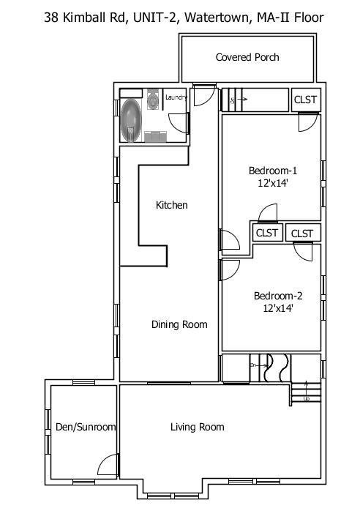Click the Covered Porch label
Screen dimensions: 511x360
pyautogui.click(x=247, y=57)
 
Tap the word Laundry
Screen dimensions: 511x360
pyautogui.click(x=176, y=97)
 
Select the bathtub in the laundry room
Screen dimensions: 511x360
pyautogui.click(x=132, y=118)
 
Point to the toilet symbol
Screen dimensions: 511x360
pyautogui.click(x=153, y=99)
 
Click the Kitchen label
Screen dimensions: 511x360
pyautogui.click(x=172, y=205)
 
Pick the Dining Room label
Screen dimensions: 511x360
pyautogui.click(x=179, y=324)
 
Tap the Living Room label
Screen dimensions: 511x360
pyautogui.click(x=197, y=427)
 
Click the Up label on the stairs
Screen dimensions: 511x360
pyautogui.click(x=307, y=399)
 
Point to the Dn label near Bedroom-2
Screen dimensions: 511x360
pyautogui.click(x=254, y=364)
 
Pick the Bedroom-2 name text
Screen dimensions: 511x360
pyautogui.click(x=278, y=296)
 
